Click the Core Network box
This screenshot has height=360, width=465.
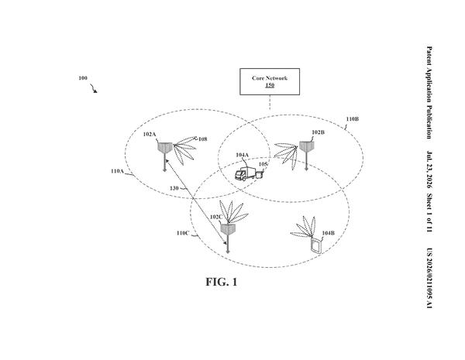(x=270, y=81)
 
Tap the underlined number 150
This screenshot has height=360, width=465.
(x=270, y=85)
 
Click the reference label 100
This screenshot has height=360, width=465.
(x=83, y=78)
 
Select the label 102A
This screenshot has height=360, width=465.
(x=150, y=134)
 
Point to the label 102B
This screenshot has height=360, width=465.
(x=318, y=132)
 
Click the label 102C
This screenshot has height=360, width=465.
(x=216, y=217)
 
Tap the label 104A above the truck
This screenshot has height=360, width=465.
(x=243, y=155)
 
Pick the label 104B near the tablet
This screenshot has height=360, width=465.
(x=329, y=233)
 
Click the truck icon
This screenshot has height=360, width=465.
(x=245, y=173)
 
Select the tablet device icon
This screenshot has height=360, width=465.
(x=316, y=245)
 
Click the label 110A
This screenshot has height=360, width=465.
(x=117, y=171)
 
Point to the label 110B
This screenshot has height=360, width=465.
(x=353, y=119)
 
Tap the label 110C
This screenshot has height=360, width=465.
(x=183, y=233)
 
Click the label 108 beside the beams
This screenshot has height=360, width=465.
(x=203, y=139)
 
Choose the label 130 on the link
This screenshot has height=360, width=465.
(x=174, y=188)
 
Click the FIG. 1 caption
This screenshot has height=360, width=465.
(x=222, y=282)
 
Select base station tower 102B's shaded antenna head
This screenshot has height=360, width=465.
(x=306, y=146)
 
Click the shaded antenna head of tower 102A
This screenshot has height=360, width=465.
(x=164, y=148)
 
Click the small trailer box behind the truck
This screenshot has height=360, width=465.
(x=260, y=174)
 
